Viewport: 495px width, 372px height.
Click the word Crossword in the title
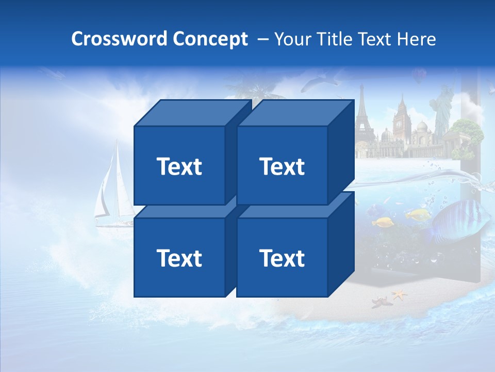pyautogui.click(x=119, y=39)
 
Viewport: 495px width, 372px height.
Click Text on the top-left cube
pyautogui.click(x=179, y=166)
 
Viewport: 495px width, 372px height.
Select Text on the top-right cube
pyautogui.click(x=282, y=166)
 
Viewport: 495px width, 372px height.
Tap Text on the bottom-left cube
pyautogui.click(x=179, y=258)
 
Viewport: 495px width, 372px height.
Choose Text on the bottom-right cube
pyautogui.click(x=282, y=258)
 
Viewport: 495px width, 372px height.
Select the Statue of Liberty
pyautogui.click(x=441, y=111)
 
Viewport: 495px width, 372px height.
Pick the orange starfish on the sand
pyautogui.click(x=399, y=295)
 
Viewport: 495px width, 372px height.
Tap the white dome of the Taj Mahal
pyautogui.click(x=422, y=127)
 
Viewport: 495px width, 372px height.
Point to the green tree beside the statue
pyautogui.click(x=470, y=133)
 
